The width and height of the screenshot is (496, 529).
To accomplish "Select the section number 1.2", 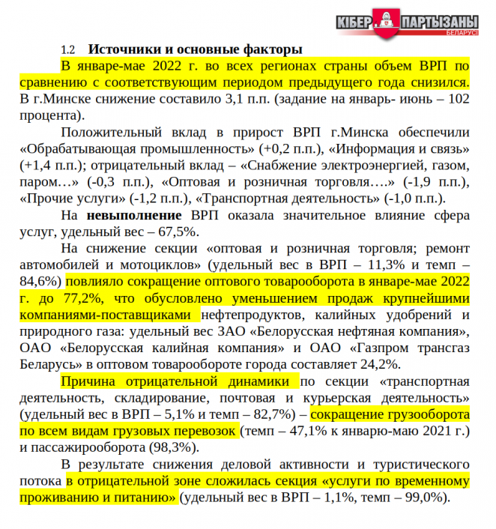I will point(68,50).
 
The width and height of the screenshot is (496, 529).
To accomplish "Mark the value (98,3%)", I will point(176,447).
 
